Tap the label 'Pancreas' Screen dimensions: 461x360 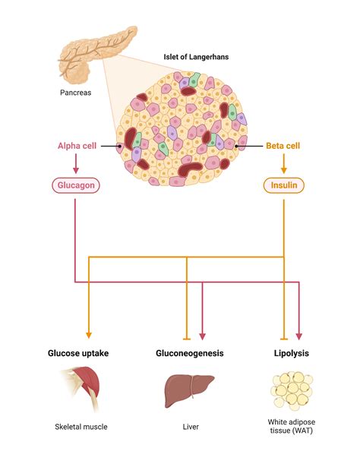77,93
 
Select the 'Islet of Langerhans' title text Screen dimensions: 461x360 197,56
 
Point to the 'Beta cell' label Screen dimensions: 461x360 283,146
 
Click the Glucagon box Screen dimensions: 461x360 77,185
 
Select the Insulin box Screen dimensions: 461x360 283,185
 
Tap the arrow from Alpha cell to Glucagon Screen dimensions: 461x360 77,165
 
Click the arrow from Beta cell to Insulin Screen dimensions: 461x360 283,165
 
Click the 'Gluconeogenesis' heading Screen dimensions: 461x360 190,353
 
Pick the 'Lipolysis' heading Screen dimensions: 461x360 291,353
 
